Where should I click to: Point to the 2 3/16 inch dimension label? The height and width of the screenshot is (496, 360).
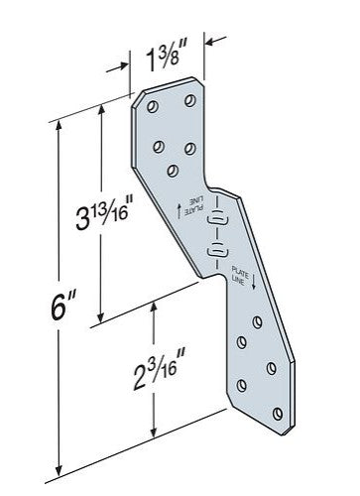(159, 370)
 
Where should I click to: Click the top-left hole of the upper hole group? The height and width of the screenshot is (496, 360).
(153, 107)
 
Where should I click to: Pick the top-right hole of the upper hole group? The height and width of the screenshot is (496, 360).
(190, 100)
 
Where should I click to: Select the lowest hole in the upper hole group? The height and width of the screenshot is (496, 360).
(173, 171)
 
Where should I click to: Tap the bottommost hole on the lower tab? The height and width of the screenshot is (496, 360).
(278, 414)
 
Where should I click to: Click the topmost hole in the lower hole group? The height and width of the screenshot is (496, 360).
(257, 322)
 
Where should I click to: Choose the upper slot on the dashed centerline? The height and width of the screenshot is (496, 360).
(217, 219)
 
